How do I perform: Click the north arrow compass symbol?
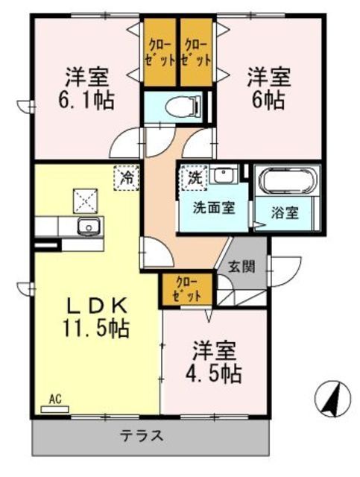pyautogui.click(x=332, y=398)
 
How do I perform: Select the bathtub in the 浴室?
pyautogui.click(x=287, y=183)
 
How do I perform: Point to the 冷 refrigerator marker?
pyautogui.click(x=127, y=177)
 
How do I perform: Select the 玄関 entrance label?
pyautogui.click(x=240, y=266)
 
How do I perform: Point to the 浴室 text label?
pyautogui.click(x=286, y=212)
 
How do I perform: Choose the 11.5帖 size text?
pyautogui.click(x=95, y=327)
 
